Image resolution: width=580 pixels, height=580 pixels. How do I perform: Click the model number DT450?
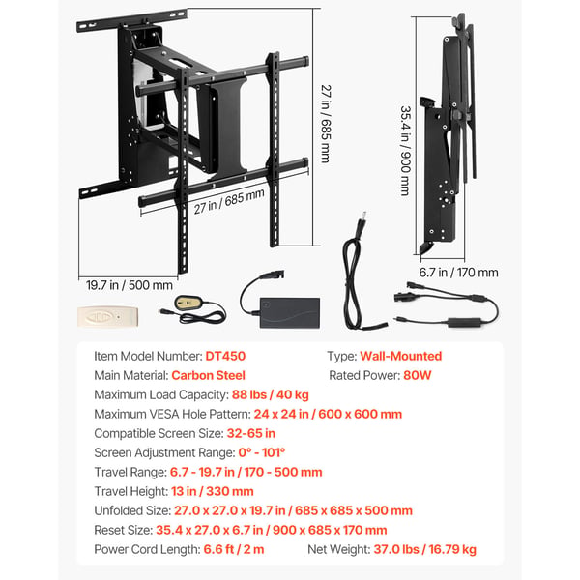(225, 356)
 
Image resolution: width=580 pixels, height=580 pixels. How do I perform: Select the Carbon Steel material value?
(208, 375)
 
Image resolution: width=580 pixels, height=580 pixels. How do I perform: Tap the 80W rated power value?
(418, 375)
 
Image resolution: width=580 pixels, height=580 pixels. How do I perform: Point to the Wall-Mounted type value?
(401, 356)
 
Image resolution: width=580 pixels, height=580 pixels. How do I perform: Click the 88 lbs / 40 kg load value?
(271, 394)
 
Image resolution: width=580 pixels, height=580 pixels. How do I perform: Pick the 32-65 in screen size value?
(251, 433)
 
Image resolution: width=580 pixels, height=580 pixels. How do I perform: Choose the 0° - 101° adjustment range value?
(262, 452)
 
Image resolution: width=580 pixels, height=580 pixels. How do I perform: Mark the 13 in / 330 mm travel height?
(213, 491)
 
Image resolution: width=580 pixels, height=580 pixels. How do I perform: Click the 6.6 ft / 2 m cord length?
(234, 549)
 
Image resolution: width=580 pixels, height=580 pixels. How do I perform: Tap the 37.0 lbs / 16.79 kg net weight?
(425, 549)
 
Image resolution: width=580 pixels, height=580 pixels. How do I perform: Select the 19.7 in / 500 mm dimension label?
(130, 285)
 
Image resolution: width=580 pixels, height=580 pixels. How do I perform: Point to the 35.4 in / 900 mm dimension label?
(406, 151)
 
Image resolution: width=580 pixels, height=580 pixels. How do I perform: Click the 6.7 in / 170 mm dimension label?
(458, 273)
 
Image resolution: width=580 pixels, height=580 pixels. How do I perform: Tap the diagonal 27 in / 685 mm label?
(229, 202)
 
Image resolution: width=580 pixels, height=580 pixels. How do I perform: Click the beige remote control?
(107, 317)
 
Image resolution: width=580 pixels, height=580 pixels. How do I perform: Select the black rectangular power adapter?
(290, 312)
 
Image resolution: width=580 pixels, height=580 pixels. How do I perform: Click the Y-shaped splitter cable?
(447, 304)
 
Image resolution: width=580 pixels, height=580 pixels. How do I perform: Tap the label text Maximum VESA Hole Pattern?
(172, 414)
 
